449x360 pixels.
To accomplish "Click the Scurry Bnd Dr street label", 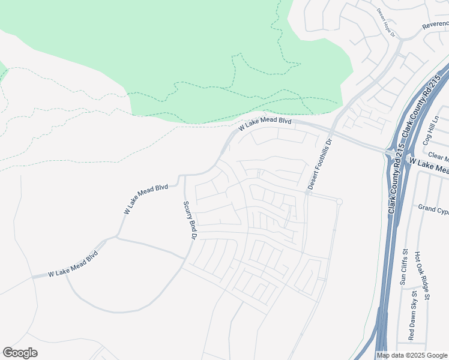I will pos(190,220).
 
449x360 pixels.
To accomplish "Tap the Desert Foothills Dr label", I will pos(319,165).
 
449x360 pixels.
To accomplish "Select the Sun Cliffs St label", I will pos(404,267).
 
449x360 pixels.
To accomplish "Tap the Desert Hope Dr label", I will pos(387,22).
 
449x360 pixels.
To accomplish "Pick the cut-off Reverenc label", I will pos(435,25).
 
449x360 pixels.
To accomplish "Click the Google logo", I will pos(20,353).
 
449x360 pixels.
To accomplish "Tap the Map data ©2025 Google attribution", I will pos(412,355).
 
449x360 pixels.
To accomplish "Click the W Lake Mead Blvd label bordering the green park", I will pos(265,124).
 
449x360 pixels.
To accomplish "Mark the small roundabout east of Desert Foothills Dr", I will pos(339,201).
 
